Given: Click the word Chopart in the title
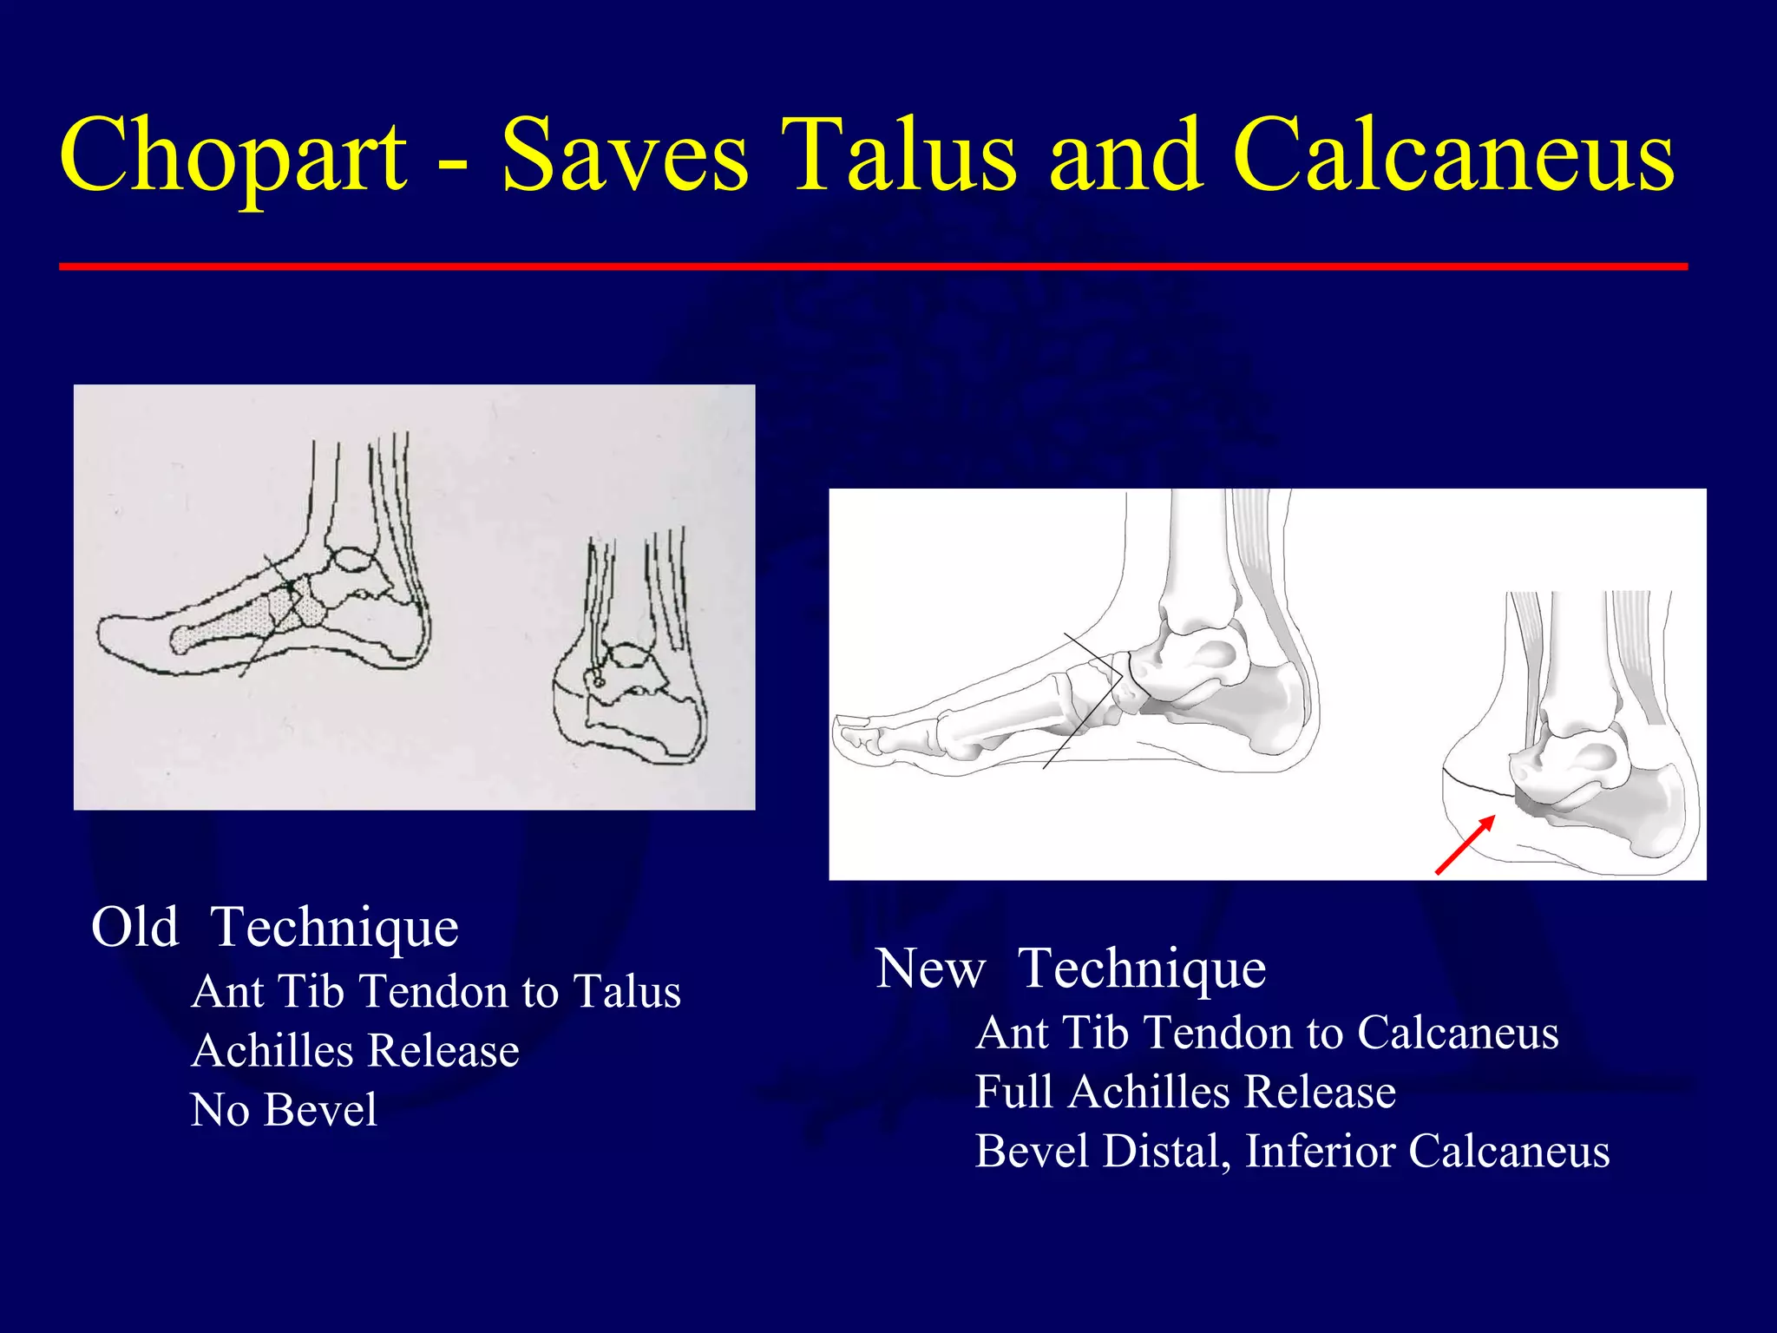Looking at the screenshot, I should click(x=233, y=156).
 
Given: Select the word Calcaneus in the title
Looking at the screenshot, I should click(x=1453, y=156).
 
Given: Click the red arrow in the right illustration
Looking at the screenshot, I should click(x=1465, y=844).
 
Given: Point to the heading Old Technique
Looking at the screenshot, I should click(x=274, y=927).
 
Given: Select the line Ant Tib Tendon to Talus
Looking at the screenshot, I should click(x=436, y=991).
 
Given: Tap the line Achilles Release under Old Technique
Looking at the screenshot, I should click(x=355, y=1050).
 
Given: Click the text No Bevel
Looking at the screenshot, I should click(x=284, y=1109).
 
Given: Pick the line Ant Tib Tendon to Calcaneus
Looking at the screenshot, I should click(x=1267, y=1033).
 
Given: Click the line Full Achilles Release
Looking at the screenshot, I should click(x=1185, y=1092).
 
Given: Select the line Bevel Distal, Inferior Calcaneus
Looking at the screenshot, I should click(x=1292, y=1151).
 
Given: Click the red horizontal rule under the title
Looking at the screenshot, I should click(x=873, y=266).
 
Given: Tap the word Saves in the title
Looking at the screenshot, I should click(x=625, y=156).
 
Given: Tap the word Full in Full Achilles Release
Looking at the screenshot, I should click(x=1013, y=1092).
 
